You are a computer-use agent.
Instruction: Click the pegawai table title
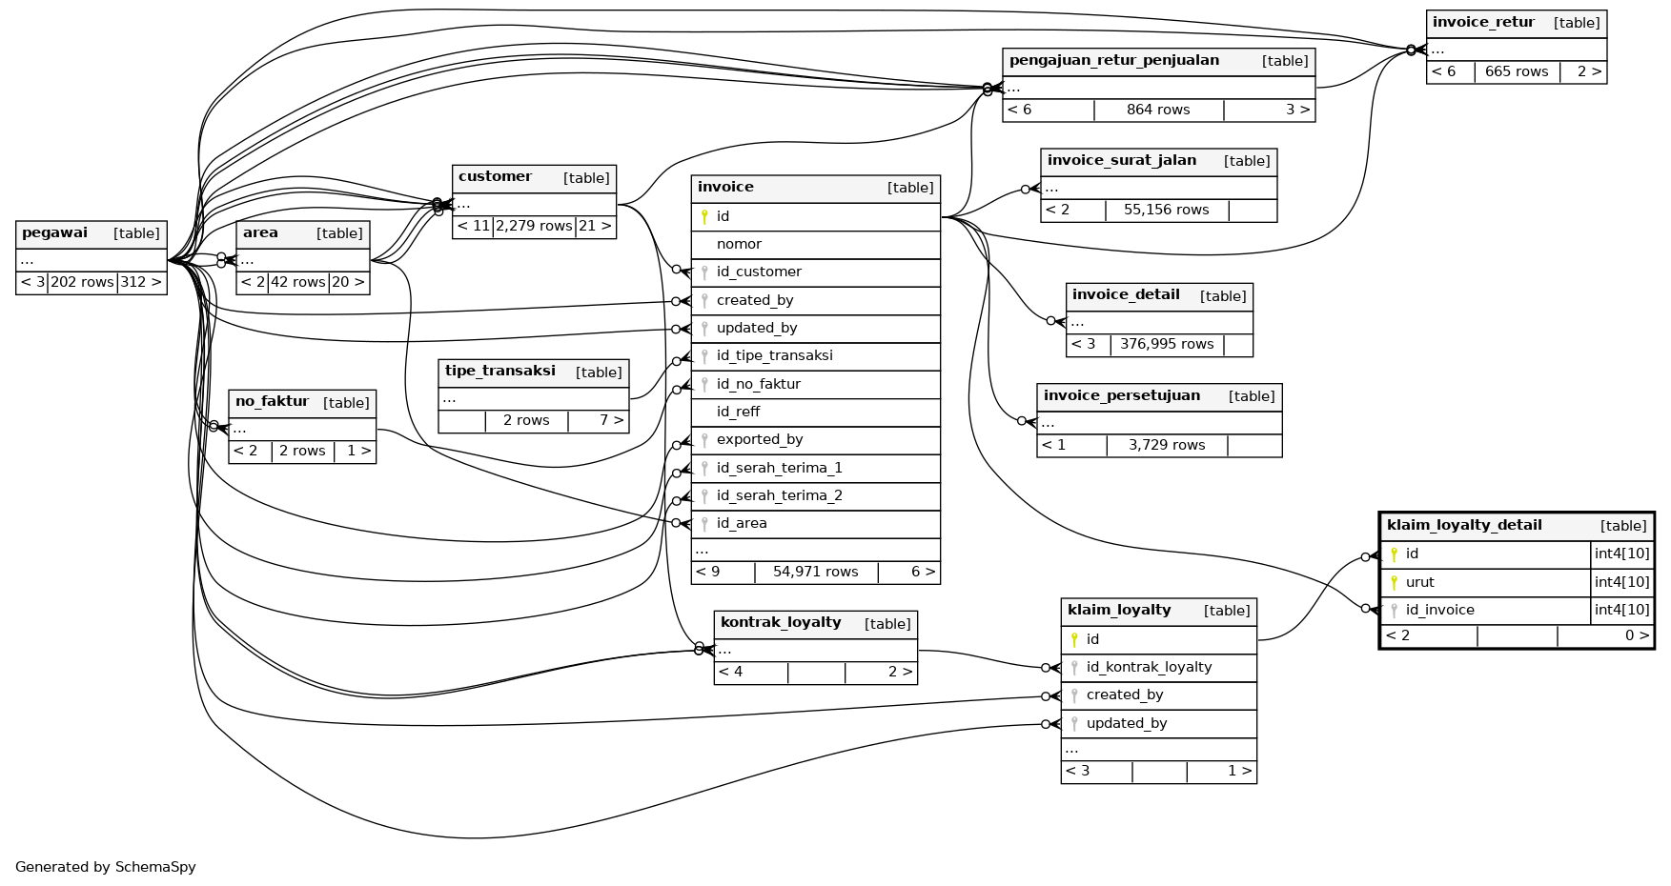[x=54, y=233]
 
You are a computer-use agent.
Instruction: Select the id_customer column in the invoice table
[x=759, y=272]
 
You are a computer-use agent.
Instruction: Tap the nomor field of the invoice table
[x=739, y=245]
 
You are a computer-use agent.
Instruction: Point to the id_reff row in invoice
[x=738, y=413]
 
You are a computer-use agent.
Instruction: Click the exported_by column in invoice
[x=760, y=440]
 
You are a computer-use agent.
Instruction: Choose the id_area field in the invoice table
[x=742, y=524]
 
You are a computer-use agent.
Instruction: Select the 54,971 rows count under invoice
[x=815, y=573]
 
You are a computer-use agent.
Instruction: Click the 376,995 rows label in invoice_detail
[x=1167, y=345]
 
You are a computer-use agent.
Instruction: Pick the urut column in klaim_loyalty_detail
[x=1419, y=583]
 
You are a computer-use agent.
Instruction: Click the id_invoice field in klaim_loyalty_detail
[x=1439, y=611]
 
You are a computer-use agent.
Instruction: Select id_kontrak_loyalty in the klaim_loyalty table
[x=1149, y=668]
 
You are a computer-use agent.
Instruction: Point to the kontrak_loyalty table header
[x=781, y=623]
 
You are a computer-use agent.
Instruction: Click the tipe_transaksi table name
[x=499, y=372]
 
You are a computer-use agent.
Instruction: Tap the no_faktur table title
[x=272, y=402]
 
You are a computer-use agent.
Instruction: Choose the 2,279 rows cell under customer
[x=534, y=227]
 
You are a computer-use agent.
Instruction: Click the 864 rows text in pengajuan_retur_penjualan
[x=1158, y=111]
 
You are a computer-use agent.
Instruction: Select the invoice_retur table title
[x=1483, y=23]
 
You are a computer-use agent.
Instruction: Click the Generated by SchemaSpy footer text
[x=106, y=868]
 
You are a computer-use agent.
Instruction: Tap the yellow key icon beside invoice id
[x=704, y=217]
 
